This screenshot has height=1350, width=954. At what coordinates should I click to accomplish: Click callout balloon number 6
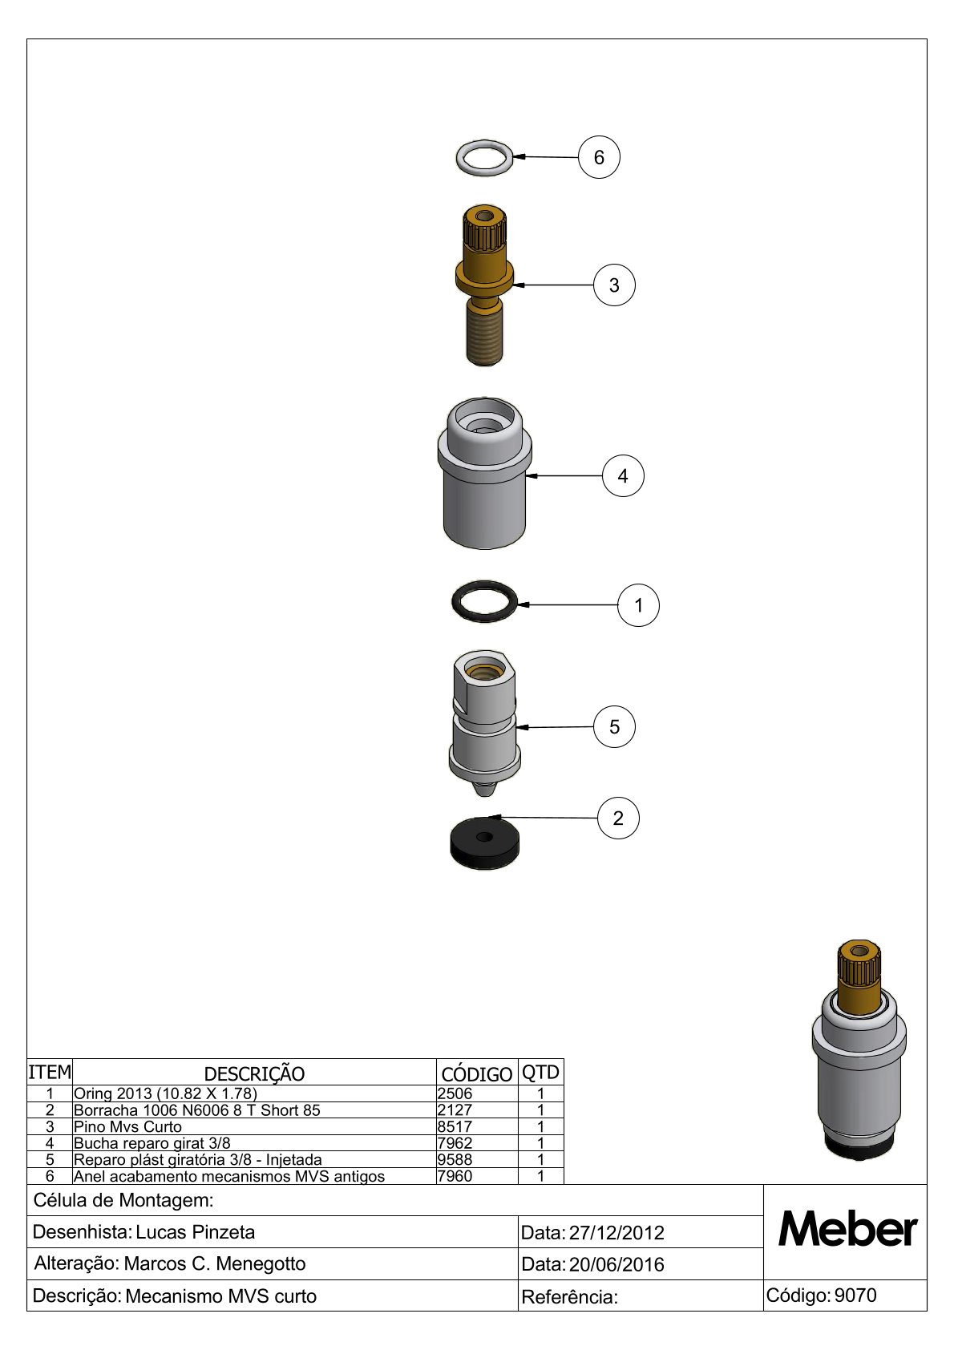(x=598, y=157)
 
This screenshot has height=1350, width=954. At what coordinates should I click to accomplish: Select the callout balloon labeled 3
(x=614, y=285)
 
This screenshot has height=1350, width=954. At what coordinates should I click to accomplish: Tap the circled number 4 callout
(x=623, y=476)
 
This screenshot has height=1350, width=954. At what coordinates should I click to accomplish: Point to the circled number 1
(x=638, y=605)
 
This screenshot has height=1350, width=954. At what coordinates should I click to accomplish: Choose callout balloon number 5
(x=614, y=727)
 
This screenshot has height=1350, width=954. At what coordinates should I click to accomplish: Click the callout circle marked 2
(x=618, y=818)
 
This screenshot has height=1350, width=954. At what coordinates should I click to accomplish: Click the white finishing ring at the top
(x=484, y=147)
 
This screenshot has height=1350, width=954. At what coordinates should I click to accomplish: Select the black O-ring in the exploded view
(x=484, y=591)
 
